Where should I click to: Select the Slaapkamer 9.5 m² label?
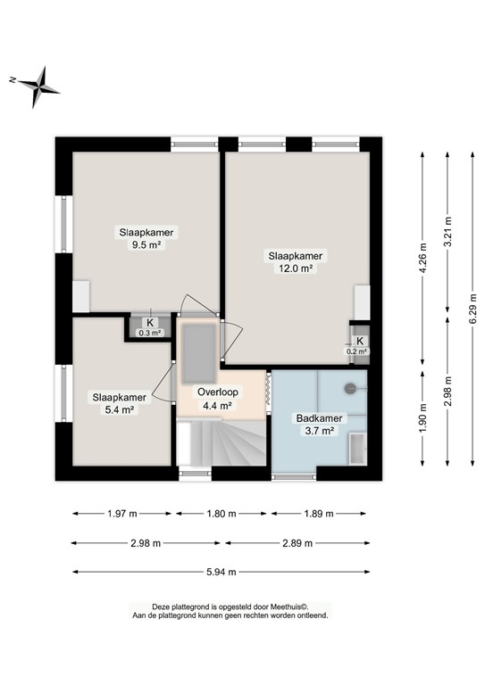(x=146, y=238)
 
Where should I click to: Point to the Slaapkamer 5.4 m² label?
(x=119, y=403)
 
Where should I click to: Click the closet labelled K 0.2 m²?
(x=359, y=345)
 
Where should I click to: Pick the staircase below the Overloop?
(x=221, y=442)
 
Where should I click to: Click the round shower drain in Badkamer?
(x=350, y=388)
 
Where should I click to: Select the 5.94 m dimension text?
(x=222, y=572)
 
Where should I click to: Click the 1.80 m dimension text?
(x=222, y=514)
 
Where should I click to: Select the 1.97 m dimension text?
(x=122, y=514)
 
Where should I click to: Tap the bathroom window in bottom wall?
(x=294, y=476)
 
